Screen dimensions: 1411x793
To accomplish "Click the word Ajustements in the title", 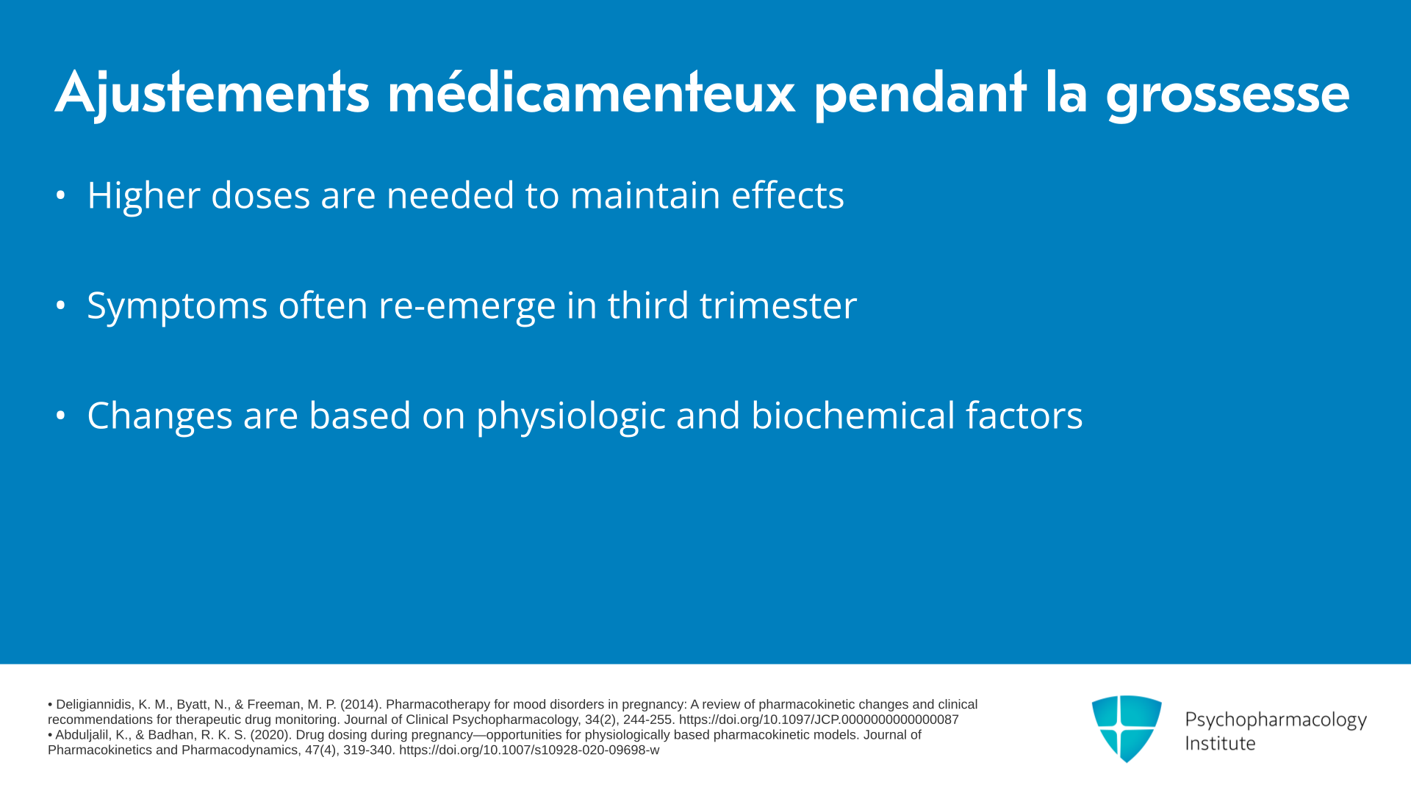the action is point(212,94).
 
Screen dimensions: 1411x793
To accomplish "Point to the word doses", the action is point(260,195).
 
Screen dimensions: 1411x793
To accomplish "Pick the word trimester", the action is point(778,305).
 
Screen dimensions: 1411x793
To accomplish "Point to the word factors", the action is point(1024,416).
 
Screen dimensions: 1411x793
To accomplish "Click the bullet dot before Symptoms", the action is point(61,305).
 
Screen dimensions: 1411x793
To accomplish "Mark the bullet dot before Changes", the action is point(61,416).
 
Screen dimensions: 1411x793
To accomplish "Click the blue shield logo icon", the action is point(1127,728).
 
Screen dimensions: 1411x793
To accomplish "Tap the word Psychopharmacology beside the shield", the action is point(1276,720).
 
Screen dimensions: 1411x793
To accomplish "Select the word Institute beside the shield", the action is point(1220,744).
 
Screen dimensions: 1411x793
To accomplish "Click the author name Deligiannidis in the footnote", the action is point(94,705).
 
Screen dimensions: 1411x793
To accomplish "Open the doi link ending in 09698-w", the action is point(529,750).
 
